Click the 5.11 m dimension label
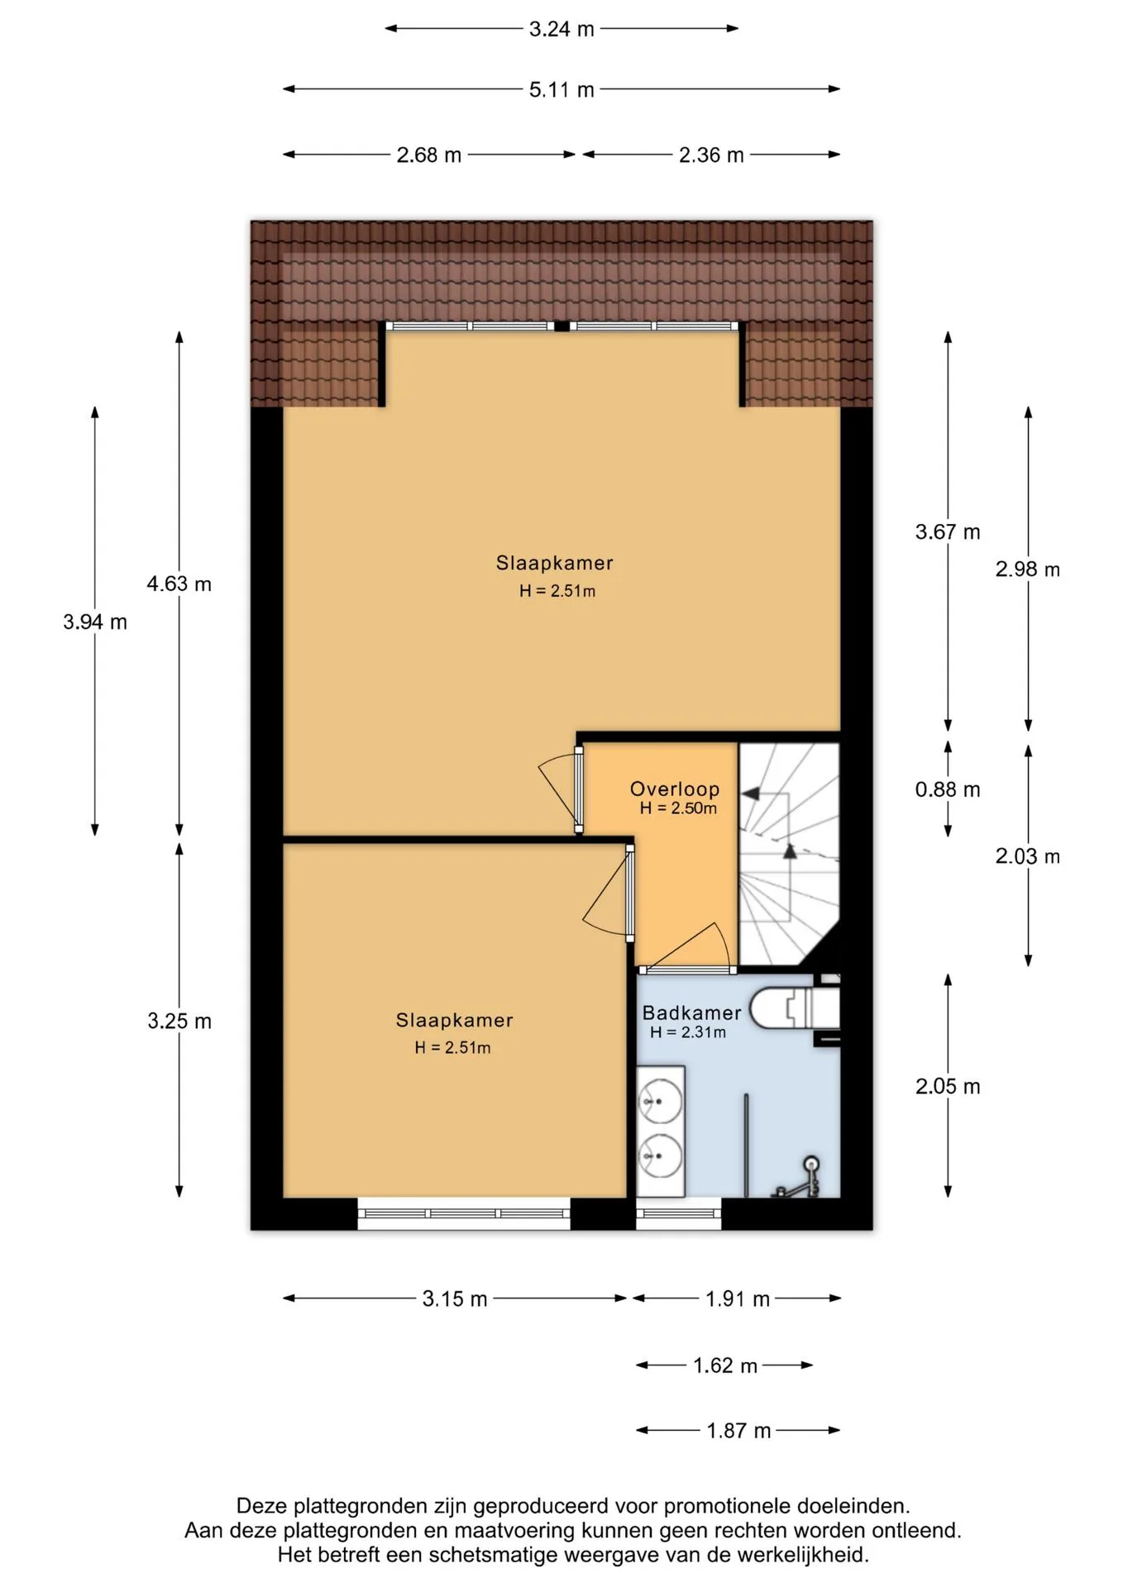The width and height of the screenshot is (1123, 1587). click(561, 89)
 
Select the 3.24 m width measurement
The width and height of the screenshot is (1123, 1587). click(561, 29)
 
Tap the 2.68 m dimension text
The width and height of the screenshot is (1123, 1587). click(428, 155)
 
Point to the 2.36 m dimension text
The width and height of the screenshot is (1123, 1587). click(711, 155)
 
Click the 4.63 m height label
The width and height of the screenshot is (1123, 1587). click(179, 584)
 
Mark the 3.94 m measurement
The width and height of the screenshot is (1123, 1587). click(95, 622)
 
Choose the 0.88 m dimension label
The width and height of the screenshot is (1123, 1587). click(948, 789)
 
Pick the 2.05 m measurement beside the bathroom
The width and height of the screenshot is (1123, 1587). click(948, 1086)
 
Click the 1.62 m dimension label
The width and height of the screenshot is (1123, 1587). click(725, 1365)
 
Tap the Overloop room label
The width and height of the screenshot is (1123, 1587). click(675, 789)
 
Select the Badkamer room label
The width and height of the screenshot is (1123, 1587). click(691, 1013)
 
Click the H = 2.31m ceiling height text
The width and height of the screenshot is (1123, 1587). click(688, 1032)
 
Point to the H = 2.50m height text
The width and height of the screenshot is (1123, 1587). click(678, 808)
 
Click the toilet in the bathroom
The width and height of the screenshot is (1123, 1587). click(794, 1008)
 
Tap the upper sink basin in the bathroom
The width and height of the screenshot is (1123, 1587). click(660, 1102)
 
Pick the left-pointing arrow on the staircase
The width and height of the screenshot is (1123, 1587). click(750, 793)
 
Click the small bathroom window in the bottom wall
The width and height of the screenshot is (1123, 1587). click(678, 1213)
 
